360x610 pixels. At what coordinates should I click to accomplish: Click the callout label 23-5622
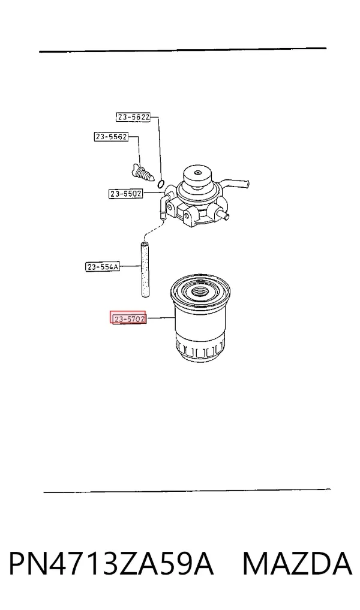[x=133, y=117]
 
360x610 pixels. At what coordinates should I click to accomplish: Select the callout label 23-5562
[x=112, y=137]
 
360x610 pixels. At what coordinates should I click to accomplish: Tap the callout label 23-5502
[x=125, y=193]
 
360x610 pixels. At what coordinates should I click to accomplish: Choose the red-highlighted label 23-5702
[x=128, y=318]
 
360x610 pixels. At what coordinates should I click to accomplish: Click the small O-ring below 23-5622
[x=162, y=182]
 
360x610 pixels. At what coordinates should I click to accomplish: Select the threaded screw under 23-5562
[x=142, y=173]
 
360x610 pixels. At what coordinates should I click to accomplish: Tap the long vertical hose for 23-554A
[x=145, y=269]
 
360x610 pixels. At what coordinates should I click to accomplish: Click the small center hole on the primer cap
[x=198, y=172]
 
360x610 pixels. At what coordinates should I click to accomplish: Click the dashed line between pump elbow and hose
[x=151, y=230]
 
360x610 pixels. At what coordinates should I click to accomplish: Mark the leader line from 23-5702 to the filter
[x=161, y=318]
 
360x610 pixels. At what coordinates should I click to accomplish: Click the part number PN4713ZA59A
[x=111, y=563]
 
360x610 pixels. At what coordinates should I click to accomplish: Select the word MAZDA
[x=298, y=563]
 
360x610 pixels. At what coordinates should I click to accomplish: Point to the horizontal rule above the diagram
[x=182, y=50]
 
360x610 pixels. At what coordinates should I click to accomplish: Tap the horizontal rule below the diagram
[x=187, y=491]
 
